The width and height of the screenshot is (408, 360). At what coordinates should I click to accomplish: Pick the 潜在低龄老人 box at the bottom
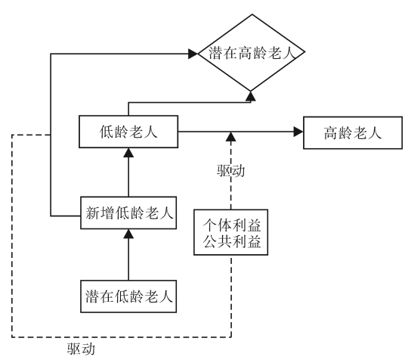point(128,293)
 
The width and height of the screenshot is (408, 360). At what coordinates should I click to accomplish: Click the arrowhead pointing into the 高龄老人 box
point(298,133)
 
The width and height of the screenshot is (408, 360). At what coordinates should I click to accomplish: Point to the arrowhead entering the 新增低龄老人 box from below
point(128,234)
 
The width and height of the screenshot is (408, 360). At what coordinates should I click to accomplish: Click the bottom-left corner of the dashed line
point(13,337)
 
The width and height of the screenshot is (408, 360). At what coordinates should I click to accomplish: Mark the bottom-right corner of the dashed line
point(230,337)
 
